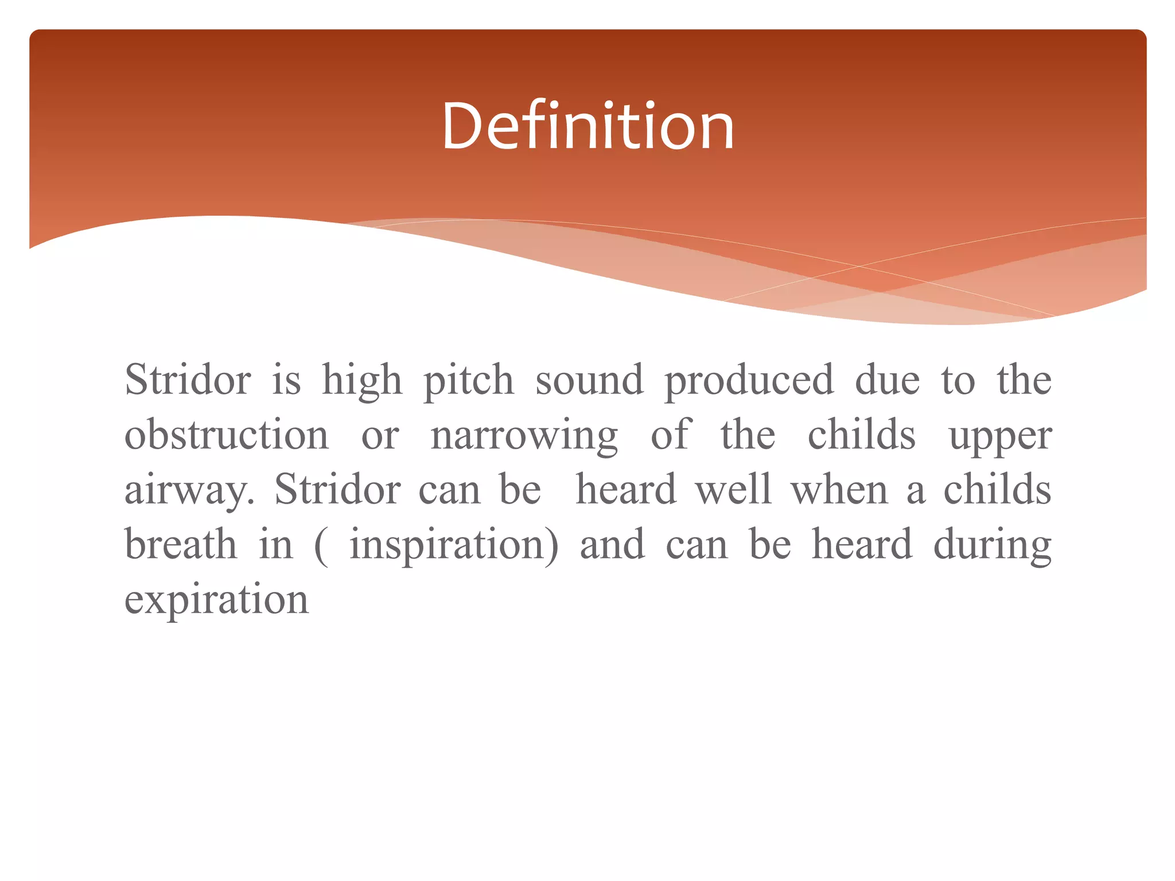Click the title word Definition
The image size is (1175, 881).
tap(587, 126)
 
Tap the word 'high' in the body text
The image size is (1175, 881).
tap(362, 381)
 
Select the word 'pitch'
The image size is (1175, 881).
tap(468, 381)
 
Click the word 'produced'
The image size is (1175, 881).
tap(749, 381)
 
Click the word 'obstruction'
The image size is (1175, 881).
tap(227, 435)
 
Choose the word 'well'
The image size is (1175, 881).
tap(733, 489)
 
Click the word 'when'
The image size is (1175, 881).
tap(839, 489)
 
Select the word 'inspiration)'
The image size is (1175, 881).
tap(454, 545)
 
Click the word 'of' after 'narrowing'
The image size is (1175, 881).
tap(671, 434)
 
